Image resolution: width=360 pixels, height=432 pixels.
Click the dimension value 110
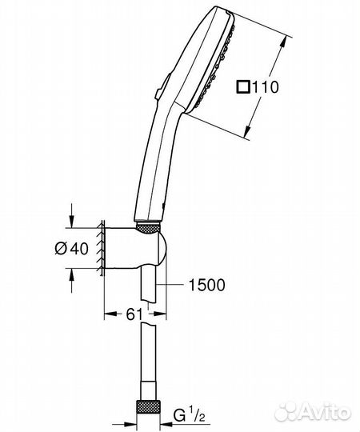pos(266,87)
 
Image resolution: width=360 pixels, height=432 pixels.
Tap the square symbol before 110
pos(243,86)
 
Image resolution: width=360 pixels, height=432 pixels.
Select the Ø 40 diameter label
pos(72,249)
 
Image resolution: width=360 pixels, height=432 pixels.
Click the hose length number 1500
pos(206,285)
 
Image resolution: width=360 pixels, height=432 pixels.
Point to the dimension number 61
pos(135,314)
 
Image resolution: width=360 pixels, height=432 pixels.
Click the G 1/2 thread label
pos(190,415)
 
